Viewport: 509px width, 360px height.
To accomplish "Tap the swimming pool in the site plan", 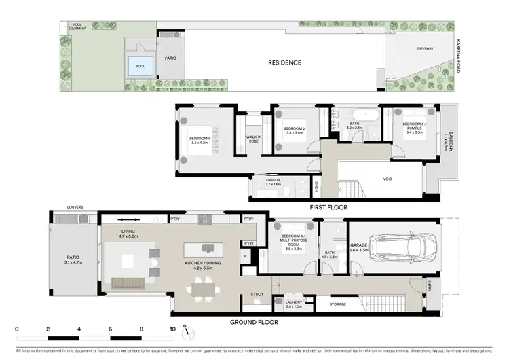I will [141, 66].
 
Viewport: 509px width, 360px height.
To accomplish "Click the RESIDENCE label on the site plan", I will [284, 62].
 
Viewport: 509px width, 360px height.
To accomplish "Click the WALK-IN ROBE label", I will [254, 139].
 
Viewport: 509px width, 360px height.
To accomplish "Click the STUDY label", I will [257, 294].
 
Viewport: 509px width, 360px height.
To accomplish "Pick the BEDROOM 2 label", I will [295, 129].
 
